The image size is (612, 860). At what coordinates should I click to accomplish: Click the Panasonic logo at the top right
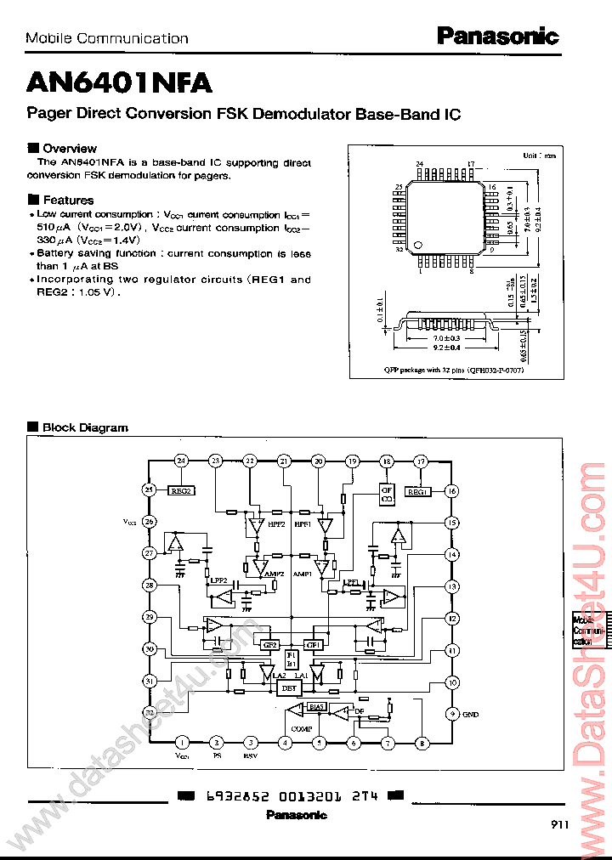(497, 36)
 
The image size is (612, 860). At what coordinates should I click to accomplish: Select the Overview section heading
(69, 148)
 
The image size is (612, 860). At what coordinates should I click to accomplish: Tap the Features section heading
(68, 200)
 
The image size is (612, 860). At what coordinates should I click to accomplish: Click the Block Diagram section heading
(85, 427)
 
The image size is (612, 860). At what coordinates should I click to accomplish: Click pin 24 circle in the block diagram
(180, 461)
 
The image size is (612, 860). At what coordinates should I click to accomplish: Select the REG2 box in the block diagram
(181, 490)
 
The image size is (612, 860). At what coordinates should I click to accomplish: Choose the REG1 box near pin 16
(416, 491)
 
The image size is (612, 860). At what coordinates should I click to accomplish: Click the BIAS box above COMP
(317, 706)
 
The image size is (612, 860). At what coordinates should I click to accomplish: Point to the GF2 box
(269, 644)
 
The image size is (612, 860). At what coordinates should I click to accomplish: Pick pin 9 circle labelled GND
(452, 714)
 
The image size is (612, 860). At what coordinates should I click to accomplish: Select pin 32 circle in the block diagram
(150, 712)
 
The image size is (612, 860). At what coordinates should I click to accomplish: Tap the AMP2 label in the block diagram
(274, 574)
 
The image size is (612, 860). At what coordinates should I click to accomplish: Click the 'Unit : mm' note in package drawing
(539, 156)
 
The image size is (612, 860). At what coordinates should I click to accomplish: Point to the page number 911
(559, 823)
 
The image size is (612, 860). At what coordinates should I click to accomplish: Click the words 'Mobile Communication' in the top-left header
(107, 38)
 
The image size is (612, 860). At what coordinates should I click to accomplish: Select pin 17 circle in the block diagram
(420, 461)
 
